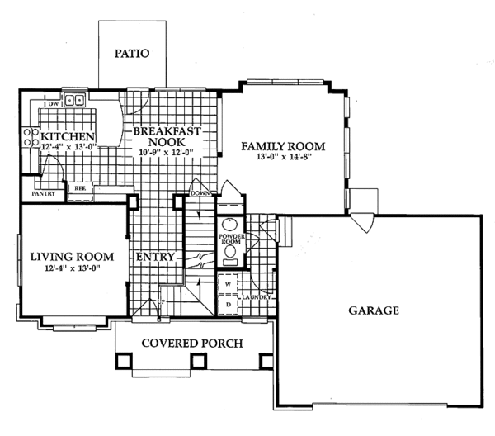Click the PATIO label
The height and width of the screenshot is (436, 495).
click(x=132, y=54)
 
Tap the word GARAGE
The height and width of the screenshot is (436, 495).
click(x=373, y=311)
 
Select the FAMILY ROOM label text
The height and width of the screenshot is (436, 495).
click(x=283, y=146)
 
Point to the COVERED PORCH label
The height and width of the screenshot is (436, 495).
click(x=179, y=343)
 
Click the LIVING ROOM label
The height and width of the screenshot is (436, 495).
click(x=64, y=256)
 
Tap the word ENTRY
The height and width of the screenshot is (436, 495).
click(x=156, y=257)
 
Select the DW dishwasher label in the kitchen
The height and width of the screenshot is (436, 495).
click(x=52, y=104)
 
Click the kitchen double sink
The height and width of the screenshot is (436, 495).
click(x=75, y=102)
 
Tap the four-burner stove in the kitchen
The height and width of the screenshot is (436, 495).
click(x=31, y=137)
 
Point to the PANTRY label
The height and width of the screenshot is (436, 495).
click(x=43, y=194)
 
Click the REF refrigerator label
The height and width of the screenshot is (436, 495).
click(x=80, y=188)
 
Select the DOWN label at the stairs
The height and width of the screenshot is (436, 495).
click(x=200, y=193)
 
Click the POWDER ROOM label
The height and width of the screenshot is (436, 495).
click(x=230, y=240)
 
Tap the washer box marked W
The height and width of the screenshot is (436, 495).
click(x=229, y=283)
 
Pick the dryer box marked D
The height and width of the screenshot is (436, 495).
click(x=229, y=304)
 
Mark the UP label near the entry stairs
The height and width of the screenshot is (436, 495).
click(x=162, y=303)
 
